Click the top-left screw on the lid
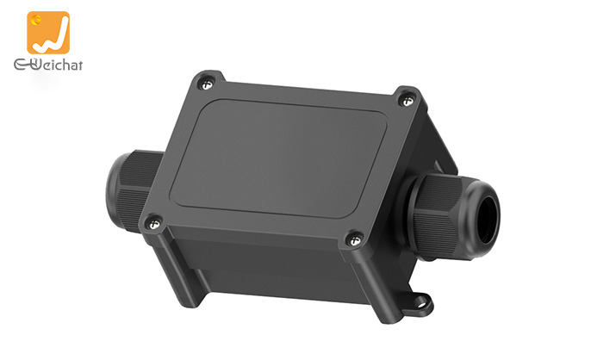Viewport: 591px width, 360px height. [x=205, y=83]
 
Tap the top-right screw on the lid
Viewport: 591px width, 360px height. [x=407, y=100]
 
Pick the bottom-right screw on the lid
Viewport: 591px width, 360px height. [x=352, y=239]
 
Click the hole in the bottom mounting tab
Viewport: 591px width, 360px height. [x=422, y=302]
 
